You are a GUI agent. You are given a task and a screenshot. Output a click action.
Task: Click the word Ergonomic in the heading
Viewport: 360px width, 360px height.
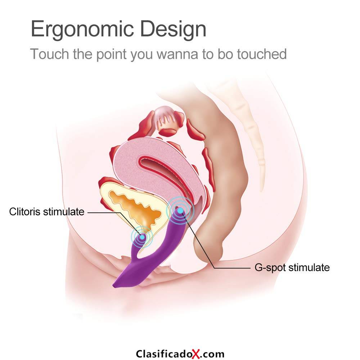[x=82, y=30]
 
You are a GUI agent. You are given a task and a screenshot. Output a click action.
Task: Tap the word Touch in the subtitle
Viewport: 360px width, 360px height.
[x=50, y=54]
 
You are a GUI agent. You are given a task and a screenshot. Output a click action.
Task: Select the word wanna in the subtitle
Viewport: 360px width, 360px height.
[x=177, y=55]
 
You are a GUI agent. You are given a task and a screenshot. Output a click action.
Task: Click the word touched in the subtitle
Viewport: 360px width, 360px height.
[x=262, y=54]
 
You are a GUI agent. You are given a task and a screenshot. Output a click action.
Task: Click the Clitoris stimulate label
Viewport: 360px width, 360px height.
[x=46, y=212]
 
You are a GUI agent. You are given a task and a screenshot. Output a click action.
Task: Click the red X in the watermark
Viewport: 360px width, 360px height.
[x=196, y=354]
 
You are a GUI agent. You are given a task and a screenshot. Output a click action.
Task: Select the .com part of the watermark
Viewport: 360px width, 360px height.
[x=212, y=354]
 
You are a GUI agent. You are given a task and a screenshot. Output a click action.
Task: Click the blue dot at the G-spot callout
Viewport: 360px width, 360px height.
[x=180, y=210]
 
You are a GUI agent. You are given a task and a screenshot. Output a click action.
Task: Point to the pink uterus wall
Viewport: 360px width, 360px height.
[x=129, y=165]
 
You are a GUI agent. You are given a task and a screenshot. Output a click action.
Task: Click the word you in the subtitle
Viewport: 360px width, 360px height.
[x=141, y=55]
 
